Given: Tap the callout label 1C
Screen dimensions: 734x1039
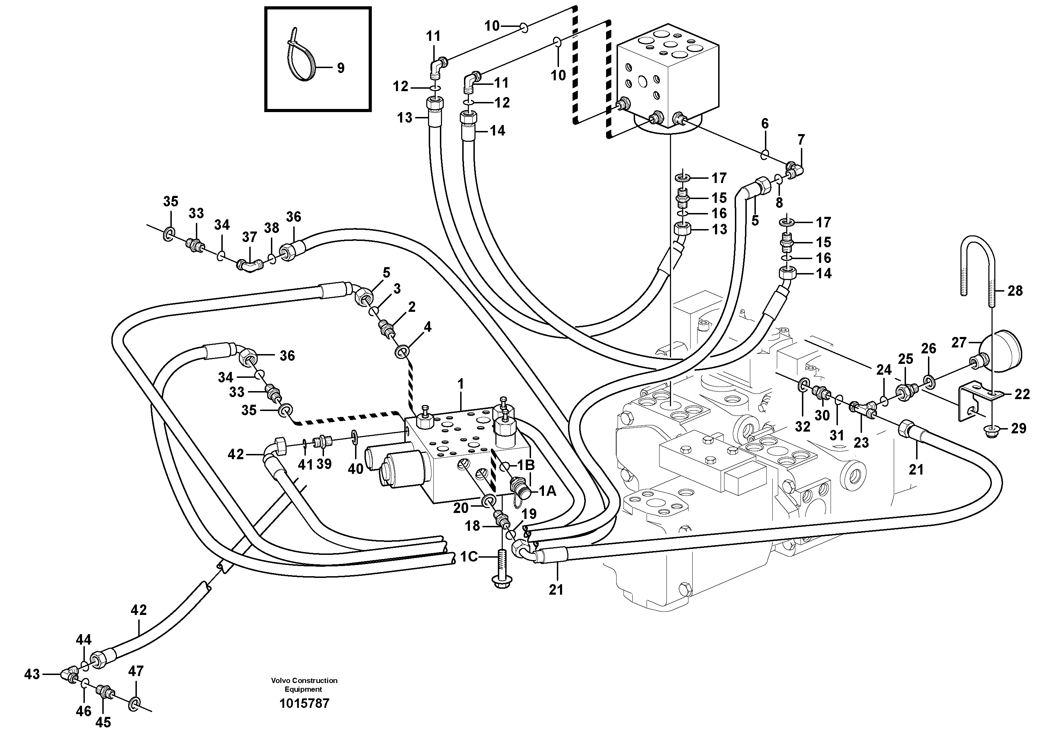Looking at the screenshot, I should pos(469,557).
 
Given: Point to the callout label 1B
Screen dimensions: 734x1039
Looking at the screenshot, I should pos(526,465).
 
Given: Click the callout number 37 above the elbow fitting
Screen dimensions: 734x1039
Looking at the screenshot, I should pos(249,237).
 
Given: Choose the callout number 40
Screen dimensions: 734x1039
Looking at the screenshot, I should pos(356,469).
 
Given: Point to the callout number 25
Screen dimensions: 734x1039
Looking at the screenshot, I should pos(906,359).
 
